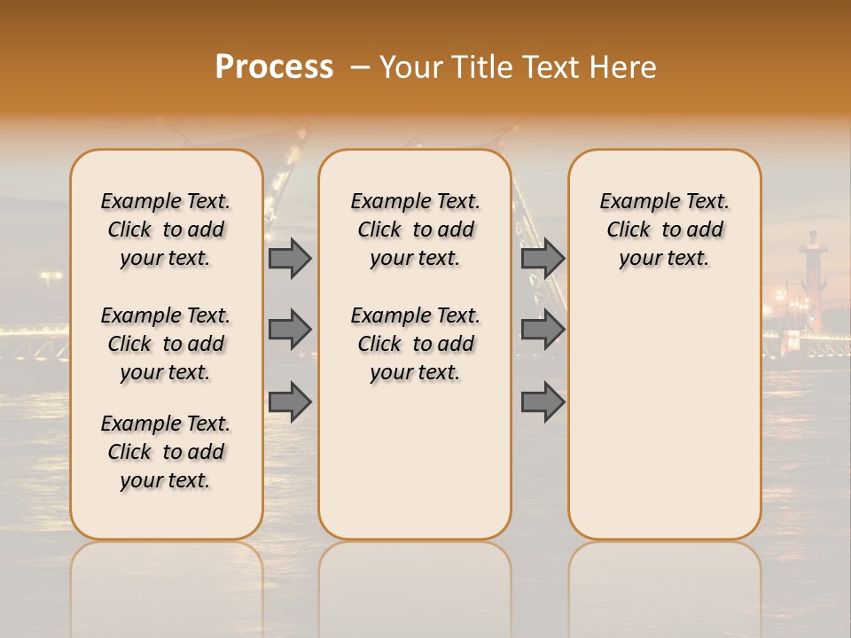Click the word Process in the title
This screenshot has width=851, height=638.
pos(274,66)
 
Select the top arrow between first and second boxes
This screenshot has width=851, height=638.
pos(290,259)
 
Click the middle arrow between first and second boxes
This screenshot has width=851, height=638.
pos(290,330)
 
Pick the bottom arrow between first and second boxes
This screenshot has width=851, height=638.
pos(290,402)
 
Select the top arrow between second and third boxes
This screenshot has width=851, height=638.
pos(543,259)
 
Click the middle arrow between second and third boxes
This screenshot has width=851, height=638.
pos(543,330)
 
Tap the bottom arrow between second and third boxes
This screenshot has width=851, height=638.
pos(543,402)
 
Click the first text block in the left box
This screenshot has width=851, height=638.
pos(166,230)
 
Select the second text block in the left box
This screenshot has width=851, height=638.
pos(166,344)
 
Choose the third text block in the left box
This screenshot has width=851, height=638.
pos(166,452)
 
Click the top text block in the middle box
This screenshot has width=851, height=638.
pos(415,230)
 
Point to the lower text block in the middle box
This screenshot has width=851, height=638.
pos(415,344)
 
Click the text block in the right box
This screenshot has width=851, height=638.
pos(665,230)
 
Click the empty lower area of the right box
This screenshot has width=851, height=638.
pos(665,416)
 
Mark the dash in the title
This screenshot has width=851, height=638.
pos(359,68)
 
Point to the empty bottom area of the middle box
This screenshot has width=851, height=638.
pos(415,470)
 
